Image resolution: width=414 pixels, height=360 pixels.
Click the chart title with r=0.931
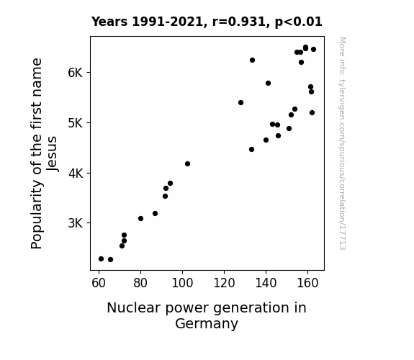pyautogui.click(x=207, y=22)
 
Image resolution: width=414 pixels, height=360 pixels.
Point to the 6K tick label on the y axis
pyautogui.click(x=76, y=73)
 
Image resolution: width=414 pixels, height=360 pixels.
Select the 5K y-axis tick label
pyautogui.click(x=76, y=123)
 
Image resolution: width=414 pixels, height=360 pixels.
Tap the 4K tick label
pyautogui.click(x=76, y=174)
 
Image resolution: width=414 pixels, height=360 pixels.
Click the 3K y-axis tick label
pyautogui.click(x=76, y=223)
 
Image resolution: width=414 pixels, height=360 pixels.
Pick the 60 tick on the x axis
pyautogui.click(x=99, y=283)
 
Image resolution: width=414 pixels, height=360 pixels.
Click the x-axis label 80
pyautogui.click(x=140, y=283)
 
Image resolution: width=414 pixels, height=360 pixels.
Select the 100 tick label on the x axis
pyautogui.click(x=182, y=283)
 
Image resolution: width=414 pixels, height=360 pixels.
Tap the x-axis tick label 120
pyautogui.click(x=224, y=283)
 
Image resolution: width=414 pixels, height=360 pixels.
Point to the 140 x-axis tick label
pyautogui.click(x=266, y=283)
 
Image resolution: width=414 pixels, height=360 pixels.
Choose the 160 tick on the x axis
pyautogui.click(x=307, y=283)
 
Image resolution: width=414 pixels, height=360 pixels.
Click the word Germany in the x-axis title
pyautogui.click(x=207, y=324)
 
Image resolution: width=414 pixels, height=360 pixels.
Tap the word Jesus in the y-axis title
pyautogui.click(x=52, y=153)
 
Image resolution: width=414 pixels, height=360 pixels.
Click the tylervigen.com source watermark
pyautogui.click(x=342, y=143)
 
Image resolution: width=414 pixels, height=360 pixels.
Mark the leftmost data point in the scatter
pyautogui.click(x=101, y=259)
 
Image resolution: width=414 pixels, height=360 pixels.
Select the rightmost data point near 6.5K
pyautogui.click(x=313, y=50)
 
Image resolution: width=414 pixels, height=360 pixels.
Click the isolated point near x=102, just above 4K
pyautogui.click(x=187, y=163)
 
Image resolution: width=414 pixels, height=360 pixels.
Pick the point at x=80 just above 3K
pyautogui.click(x=140, y=218)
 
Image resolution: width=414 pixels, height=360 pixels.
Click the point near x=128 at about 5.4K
pyautogui.click(x=240, y=102)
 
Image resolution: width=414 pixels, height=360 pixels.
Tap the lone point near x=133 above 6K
pyautogui.click(x=252, y=60)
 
